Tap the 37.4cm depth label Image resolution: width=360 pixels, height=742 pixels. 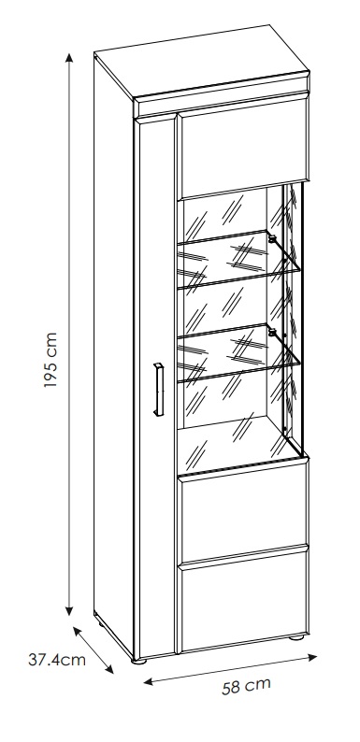tap(57, 660)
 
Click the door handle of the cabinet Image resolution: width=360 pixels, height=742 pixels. tap(159, 390)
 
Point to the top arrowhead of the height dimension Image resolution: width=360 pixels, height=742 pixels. tap(69, 58)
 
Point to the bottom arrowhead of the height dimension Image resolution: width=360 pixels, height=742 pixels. tap(69, 610)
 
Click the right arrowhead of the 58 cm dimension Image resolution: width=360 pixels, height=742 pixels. tap(312, 657)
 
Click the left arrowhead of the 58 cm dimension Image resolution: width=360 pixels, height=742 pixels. tap(149, 682)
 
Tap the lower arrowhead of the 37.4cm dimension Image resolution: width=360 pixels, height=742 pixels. tap(109, 668)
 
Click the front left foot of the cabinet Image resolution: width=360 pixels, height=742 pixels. tap(139, 661)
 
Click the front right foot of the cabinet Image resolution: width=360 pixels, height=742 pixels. tap(296, 637)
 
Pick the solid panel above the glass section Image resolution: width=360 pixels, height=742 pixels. tap(243, 148)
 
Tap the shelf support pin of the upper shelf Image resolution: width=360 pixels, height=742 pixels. tap(272, 239)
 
